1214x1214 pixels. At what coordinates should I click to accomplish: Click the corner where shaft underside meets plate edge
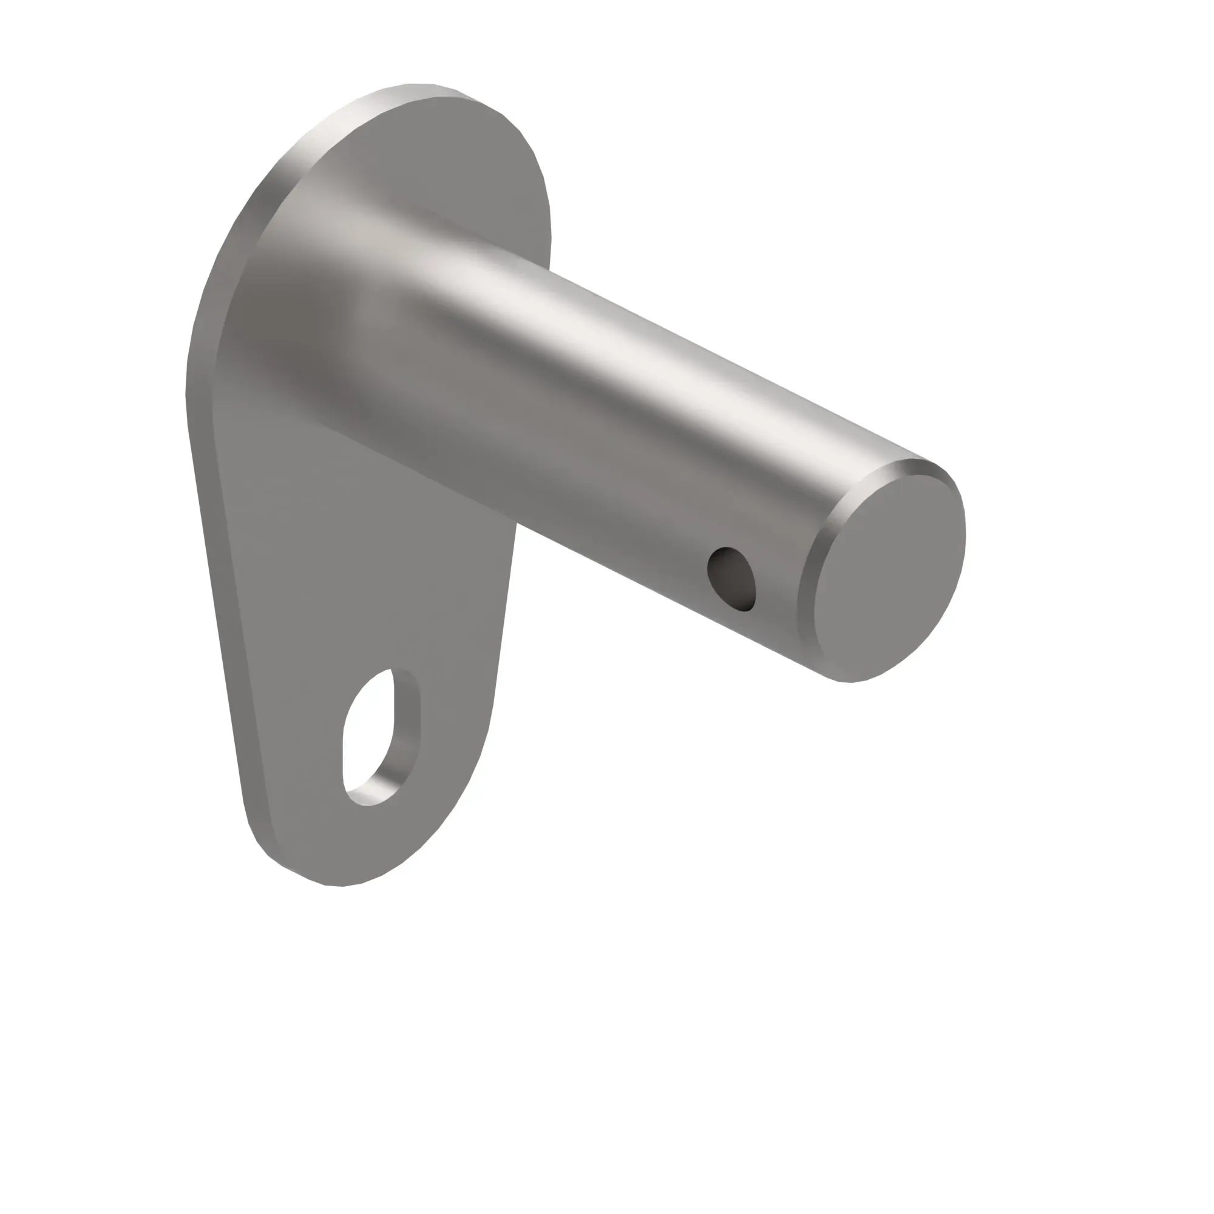pos(516,524)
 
